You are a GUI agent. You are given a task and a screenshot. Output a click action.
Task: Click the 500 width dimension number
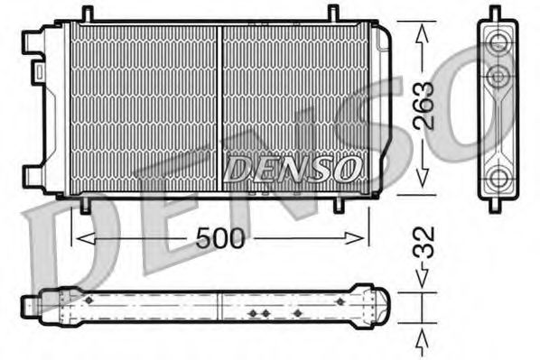pos(220,239)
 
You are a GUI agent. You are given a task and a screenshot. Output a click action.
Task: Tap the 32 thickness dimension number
pos(425,243)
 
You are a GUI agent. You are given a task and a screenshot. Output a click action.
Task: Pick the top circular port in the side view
pos(497,42)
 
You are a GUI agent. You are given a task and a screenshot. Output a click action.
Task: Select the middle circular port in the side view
pos(497,76)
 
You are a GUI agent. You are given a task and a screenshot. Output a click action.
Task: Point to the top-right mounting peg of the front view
pos(333,14)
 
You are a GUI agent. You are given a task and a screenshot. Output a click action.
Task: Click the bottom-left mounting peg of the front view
pos(86,205)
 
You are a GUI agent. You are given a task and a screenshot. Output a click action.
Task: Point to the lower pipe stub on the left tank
pos(32,175)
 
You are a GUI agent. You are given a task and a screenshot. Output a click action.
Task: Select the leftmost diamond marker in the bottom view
pos(88,300)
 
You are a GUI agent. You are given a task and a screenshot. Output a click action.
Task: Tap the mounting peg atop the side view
pos(496,13)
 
